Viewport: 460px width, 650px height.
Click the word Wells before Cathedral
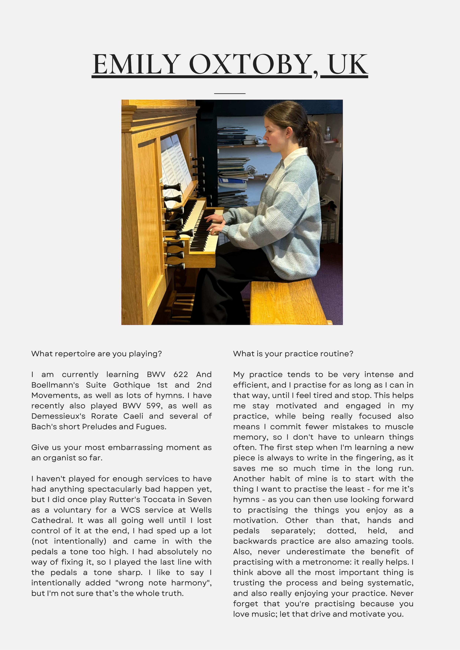pyautogui.click(x=201, y=510)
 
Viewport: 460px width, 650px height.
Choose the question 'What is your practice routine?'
pyautogui.click(x=293, y=354)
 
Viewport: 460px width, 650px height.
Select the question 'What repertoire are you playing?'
pyautogui.click(x=96, y=354)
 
